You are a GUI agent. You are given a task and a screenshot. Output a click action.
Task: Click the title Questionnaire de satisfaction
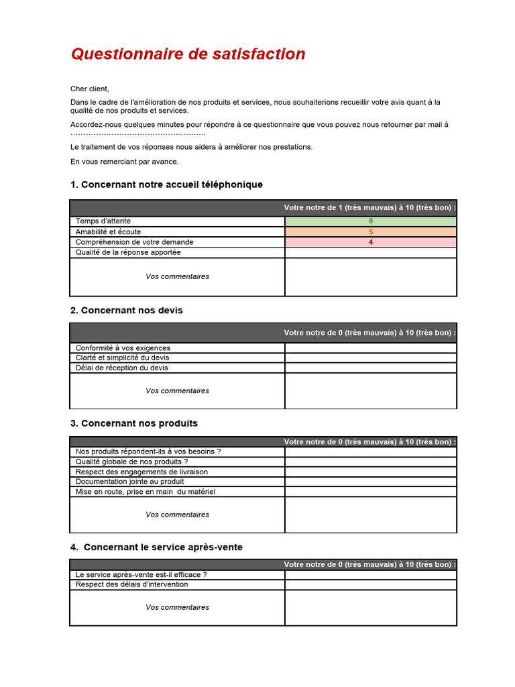coord(188,54)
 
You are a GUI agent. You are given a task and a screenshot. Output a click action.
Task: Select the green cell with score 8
coord(371,221)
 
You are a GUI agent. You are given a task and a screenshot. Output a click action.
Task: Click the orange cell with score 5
coord(371,231)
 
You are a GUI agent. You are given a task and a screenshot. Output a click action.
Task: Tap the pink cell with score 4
coord(371,242)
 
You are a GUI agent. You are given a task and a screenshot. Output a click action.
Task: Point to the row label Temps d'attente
coord(103,221)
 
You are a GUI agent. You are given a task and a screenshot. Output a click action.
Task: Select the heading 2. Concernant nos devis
coord(126,311)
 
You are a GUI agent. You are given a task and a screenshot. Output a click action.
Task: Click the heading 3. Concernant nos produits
coord(133,423)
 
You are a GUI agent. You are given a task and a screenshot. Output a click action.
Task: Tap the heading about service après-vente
coord(156,547)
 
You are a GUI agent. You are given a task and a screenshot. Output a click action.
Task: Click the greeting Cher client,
coord(89,89)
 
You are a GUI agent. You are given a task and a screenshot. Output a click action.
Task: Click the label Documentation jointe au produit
coord(130,482)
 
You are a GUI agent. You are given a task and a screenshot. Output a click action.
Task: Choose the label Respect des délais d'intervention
coord(132,584)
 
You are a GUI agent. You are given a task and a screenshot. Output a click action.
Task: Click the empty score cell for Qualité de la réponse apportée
coord(371,253)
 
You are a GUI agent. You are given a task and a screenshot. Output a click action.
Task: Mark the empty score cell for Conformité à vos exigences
coord(371,348)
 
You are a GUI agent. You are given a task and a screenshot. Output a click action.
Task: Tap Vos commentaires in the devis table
coord(177,391)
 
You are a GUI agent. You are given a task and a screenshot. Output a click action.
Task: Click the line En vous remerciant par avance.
coord(125,162)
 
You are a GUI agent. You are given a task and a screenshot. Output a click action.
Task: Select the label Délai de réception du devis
coord(122,368)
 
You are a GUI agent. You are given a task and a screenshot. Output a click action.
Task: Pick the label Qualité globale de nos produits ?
coord(132,462)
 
